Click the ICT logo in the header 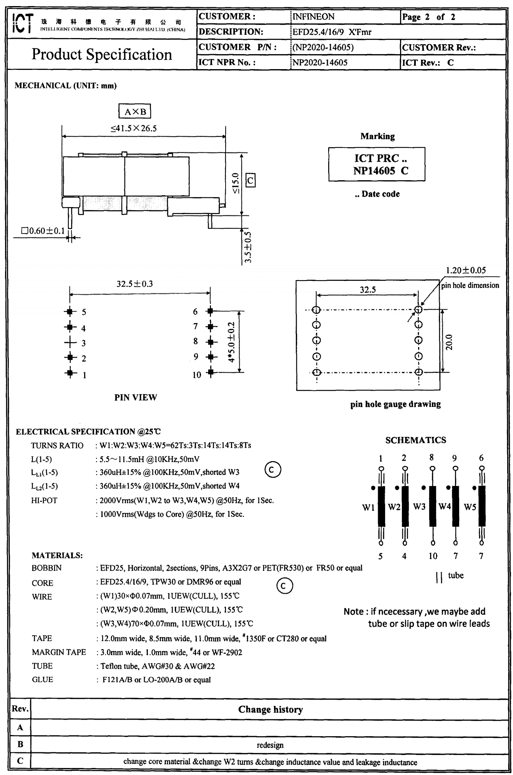(x=23, y=23)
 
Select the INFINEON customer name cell (x=313, y=17)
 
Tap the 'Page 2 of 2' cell (x=428, y=17)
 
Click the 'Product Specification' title (x=101, y=55)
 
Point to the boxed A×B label (x=134, y=112)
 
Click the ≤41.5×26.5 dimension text (x=134, y=128)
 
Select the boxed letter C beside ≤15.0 (x=250, y=180)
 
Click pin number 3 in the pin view (x=84, y=343)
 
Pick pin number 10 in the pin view (x=197, y=375)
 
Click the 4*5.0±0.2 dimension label (x=231, y=342)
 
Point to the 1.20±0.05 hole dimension (x=465, y=270)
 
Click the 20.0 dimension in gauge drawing (x=449, y=342)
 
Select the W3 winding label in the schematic (x=419, y=506)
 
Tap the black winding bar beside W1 (x=381, y=506)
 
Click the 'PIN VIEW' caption (x=136, y=397)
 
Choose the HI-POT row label (x=44, y=500)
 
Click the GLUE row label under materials (x=42, y=679)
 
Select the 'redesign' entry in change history (x=270, y=745)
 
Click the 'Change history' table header (x=270, y=709)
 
